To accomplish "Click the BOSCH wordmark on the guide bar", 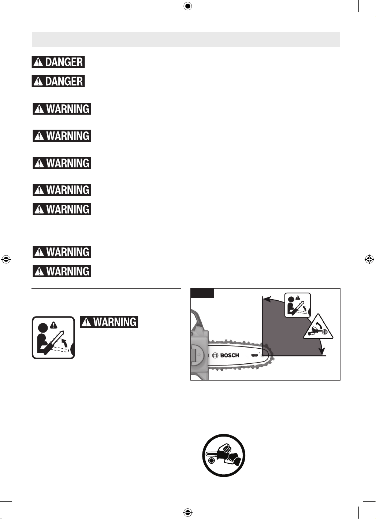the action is click(229, 355).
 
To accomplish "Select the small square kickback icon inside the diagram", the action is click(297, 305).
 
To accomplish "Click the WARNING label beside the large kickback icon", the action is click(109, 322).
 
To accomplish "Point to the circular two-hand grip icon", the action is click(224, 455).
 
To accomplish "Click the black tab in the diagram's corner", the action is click(202, 293).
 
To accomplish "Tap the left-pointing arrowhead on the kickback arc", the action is click(267, 299).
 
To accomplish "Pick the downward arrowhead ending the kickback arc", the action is click(321, 351).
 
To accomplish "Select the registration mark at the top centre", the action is click(188, 6).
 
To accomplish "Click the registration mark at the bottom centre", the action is click(188, 512).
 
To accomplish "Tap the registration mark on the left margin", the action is click(6, 259).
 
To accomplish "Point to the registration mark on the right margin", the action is click(369, 259).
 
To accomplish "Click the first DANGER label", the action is click(58, 62).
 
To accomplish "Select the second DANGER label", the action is click(58, 81).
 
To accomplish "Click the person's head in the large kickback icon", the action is click(42, 328).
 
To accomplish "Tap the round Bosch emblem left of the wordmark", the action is click(215, 355).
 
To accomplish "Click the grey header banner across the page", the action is click(186, 40).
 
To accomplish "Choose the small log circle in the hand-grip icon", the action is click(211, 461).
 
